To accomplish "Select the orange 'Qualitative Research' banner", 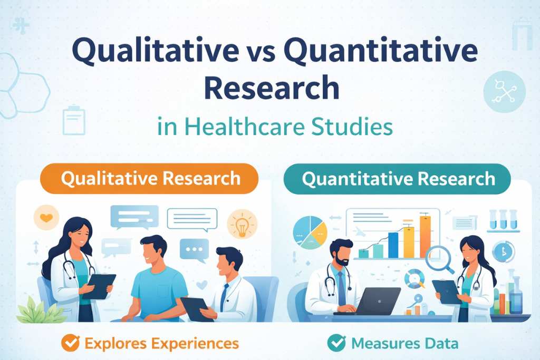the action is pyautogui.click(x=149, y=178).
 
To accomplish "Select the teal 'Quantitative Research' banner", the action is pyautogui.click(x=397, y=179).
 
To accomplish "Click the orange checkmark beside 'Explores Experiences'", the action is pyautogui.click(x=71, y=343).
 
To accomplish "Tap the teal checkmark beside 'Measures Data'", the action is pyautogui.click(x=336, y=343).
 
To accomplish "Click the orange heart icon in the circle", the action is pyautogui.click(x=46, y=218).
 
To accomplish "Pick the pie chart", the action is pyautogui.click(x=310, y=232).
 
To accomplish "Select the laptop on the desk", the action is pyautogui.click(x=372, y=301).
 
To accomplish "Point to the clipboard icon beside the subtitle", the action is pyautogui.click(x=74, y=120).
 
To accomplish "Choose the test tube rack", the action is pyautogui.click(x=504, y=220).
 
